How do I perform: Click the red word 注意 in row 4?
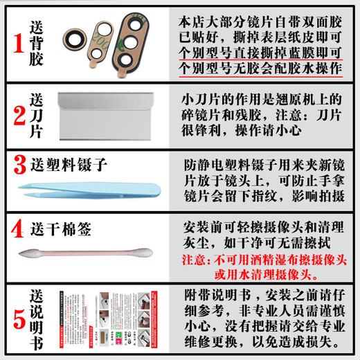tap(195, 261)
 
